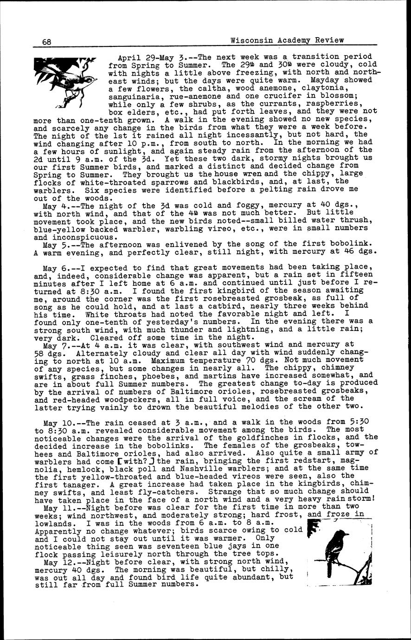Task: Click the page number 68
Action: click(x=46, y=41)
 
